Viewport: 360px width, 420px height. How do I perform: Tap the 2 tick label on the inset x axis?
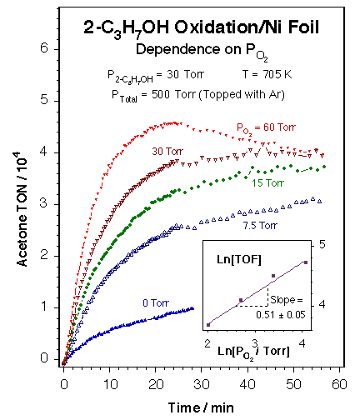(207, 342)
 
